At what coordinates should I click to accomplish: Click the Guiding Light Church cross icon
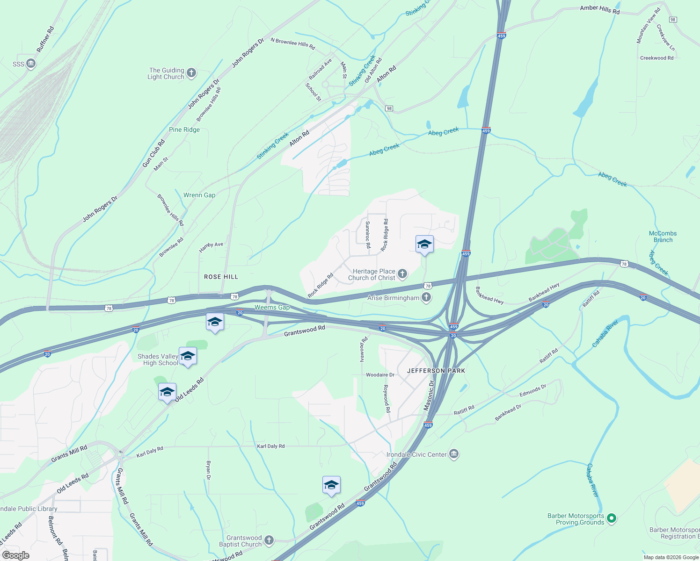tap(191, 73)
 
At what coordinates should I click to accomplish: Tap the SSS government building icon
tap(31, 64)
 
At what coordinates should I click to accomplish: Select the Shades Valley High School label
tap(158, 360)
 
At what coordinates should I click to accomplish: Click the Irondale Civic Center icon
tap(453, 454)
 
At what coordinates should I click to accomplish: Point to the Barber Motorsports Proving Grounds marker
tap(611, 518)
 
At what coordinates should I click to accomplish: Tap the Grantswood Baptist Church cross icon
tap(269, 540)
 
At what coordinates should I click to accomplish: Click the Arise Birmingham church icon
tap(426, 297)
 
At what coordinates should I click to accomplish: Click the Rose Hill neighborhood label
tap(221, 277)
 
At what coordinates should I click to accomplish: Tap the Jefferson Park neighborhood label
tap(436, 371)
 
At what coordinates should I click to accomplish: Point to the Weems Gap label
tap(272, 307)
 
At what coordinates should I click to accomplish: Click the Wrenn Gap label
tap(199, 195)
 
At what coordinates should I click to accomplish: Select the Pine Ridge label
tap(184, 129)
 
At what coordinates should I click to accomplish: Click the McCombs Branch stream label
tap(663, 237)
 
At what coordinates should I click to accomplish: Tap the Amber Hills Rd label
tap(599, 9)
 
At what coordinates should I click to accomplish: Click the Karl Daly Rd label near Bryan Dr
tap(270, 446)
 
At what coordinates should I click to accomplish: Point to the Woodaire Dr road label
tap(380, 375)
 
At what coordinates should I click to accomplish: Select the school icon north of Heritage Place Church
tap(424, 245)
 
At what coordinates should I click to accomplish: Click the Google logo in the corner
tap(15, 555)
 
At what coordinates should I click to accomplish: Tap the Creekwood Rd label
tap(656, 58)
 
